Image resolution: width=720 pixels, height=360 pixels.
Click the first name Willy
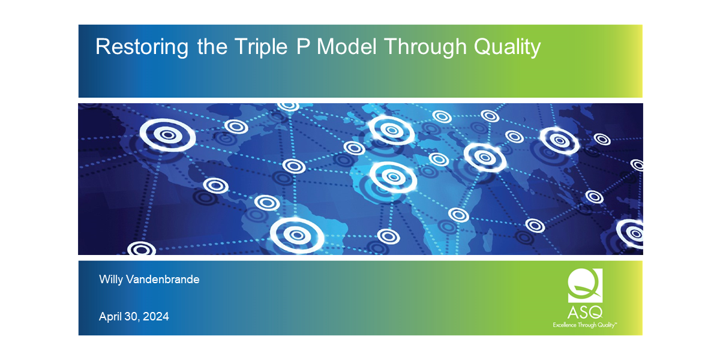[112, 279]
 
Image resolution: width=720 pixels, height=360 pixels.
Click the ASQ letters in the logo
[585, 313]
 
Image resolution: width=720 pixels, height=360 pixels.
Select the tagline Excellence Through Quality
[584, 325]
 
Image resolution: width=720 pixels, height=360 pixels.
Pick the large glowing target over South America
[296, 233]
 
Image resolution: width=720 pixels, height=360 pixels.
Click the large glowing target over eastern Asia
[559, 140]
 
